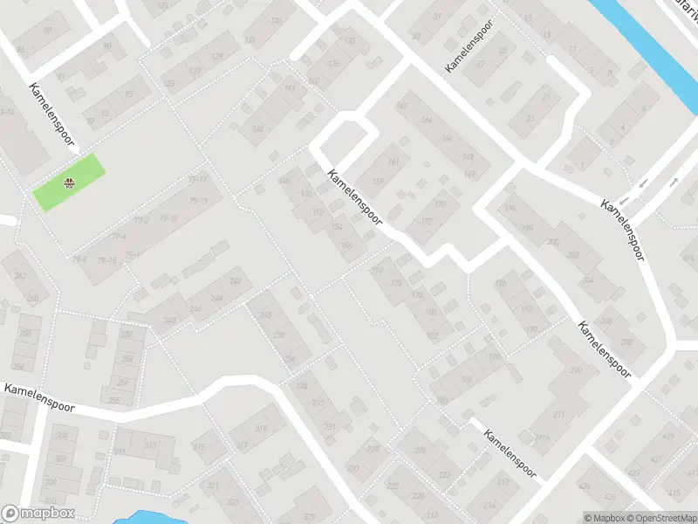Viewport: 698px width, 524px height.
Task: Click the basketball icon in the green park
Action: [x=68, y=183]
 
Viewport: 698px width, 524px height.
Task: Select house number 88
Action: [x=48, y=31]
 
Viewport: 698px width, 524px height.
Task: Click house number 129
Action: [x=217, y=57]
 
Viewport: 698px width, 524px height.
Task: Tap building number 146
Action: [x=257, y=130]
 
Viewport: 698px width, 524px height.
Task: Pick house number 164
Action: [x=426, y=120]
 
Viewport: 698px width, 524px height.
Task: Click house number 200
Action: [x=552, y=241]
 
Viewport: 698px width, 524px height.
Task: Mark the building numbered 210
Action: [x=576, y=370]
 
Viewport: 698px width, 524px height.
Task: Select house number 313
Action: [x=150, y=445]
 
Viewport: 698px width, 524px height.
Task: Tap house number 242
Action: [x=235, y=280]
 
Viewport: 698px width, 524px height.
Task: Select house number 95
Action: [x=129, y=94]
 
